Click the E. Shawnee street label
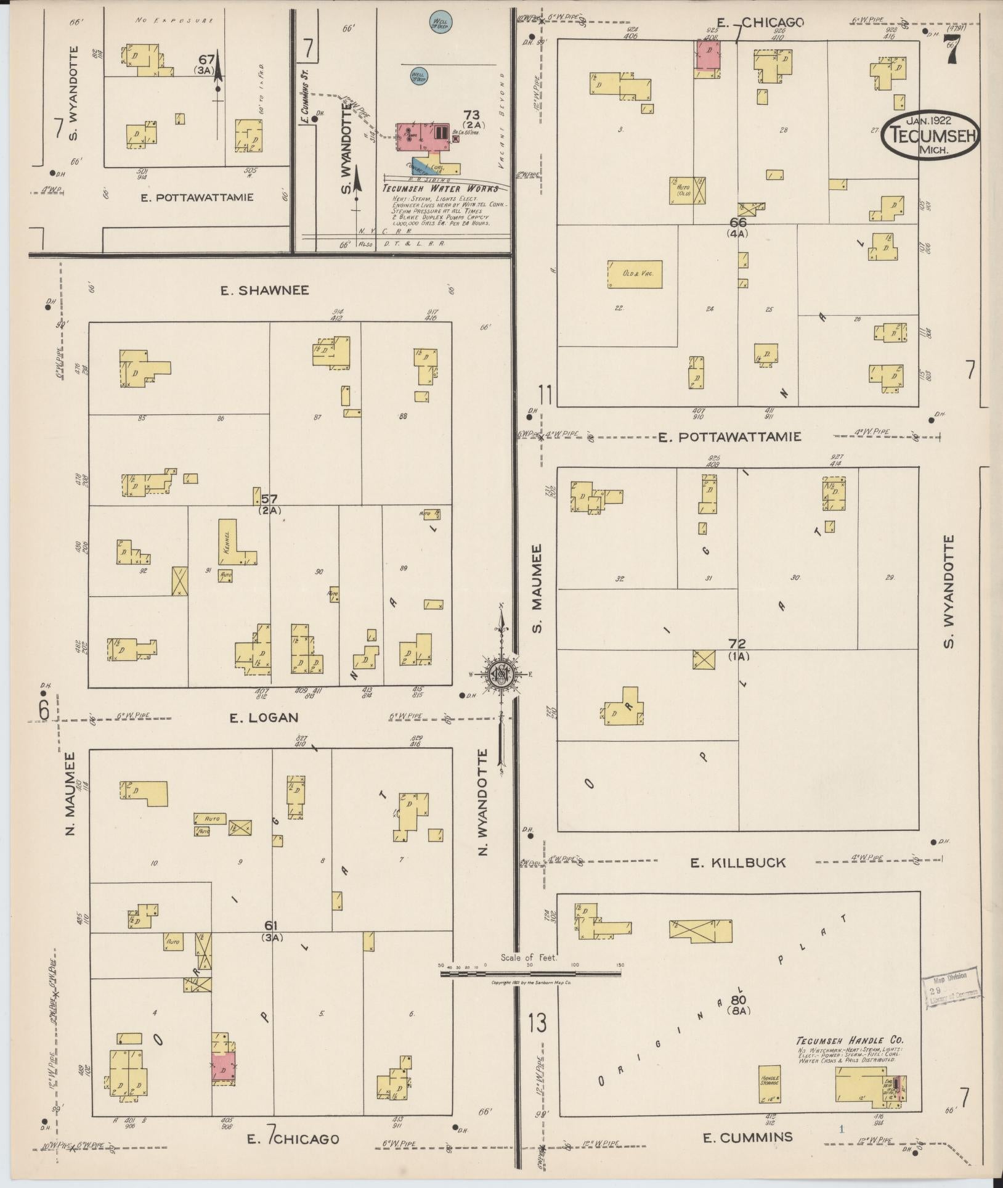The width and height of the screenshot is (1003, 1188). coord(265,290)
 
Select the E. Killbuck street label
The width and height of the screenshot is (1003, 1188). coord(738,862)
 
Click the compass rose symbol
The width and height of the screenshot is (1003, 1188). coord(501,675)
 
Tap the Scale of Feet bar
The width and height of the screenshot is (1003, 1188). coord(530,973)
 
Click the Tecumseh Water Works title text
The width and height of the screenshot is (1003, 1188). coord(440,189)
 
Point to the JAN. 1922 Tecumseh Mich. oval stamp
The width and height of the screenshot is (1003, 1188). coord(930,134)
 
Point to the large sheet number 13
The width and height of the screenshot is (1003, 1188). coord(537,1023)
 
